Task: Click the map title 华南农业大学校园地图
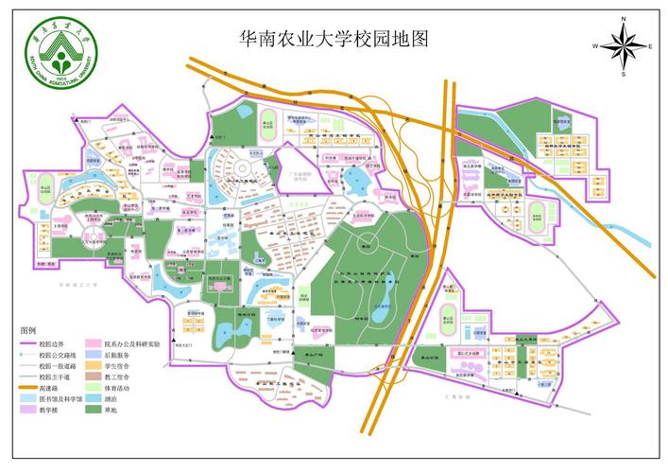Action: pos(334,39)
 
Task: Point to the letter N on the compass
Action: pos(623,19)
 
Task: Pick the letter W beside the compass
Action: pos(596,45)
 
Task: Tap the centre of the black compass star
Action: pos(623,45)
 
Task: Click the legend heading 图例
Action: pos(29,330)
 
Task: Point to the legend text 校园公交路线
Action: pos(56,354)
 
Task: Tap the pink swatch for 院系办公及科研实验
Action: pos(93,343)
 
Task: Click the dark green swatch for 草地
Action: pos(93,409)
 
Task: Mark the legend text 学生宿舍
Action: pos(119,365)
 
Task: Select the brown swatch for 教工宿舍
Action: pos(93,376)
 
